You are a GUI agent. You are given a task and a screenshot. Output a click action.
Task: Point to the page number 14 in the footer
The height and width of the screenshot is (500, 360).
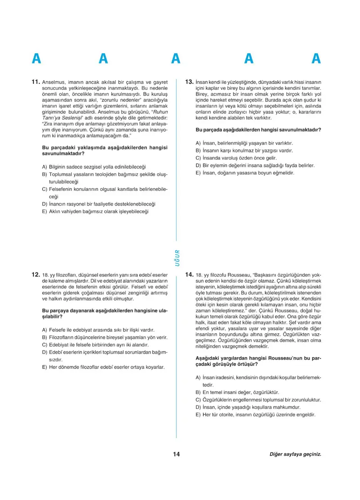tap(176, 454)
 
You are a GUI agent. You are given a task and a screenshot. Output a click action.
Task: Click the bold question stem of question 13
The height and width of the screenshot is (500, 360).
tap(258, 130)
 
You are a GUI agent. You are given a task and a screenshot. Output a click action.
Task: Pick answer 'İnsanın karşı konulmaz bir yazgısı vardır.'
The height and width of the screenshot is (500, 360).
tap(244, 150)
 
